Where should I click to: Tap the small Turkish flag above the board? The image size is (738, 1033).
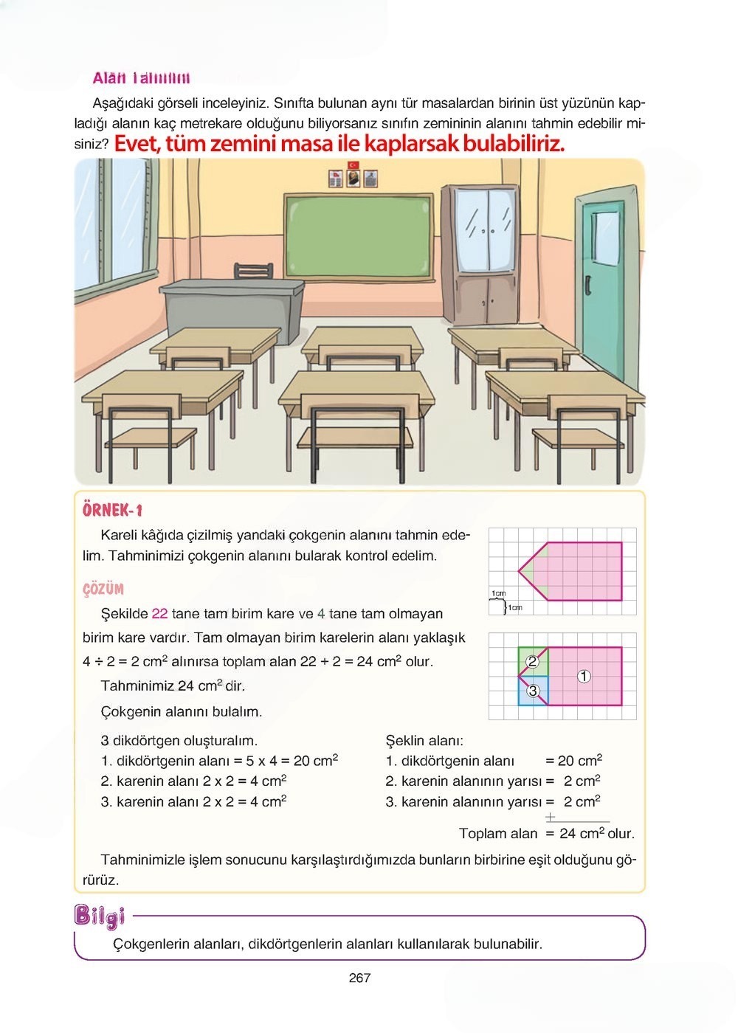(354, 165)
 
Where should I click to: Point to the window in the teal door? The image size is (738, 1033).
(604, 238)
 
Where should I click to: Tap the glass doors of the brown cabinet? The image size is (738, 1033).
(484, 229)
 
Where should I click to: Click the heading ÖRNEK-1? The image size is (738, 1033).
(112, 510)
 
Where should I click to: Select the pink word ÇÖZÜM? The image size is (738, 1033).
(103, 589)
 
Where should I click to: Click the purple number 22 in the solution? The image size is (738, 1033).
(159, 613)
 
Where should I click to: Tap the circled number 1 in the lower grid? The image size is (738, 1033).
(584, 676)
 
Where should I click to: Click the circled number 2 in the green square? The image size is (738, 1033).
(532, 662)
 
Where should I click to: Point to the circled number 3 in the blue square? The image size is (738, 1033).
(533, 691)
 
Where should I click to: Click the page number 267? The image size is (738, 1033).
(359, 978)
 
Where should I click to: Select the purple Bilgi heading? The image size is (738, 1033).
(100, 916)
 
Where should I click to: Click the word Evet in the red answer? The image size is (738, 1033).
(137, 143)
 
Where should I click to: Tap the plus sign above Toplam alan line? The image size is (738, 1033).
(550, 817)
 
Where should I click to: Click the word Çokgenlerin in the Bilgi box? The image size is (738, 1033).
(151, 944)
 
